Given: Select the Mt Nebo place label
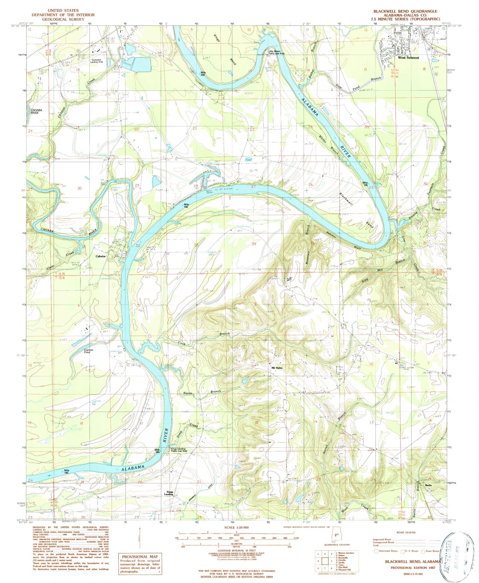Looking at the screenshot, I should tap(277, 368).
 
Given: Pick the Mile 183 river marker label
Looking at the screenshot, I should tap(66, 471).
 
